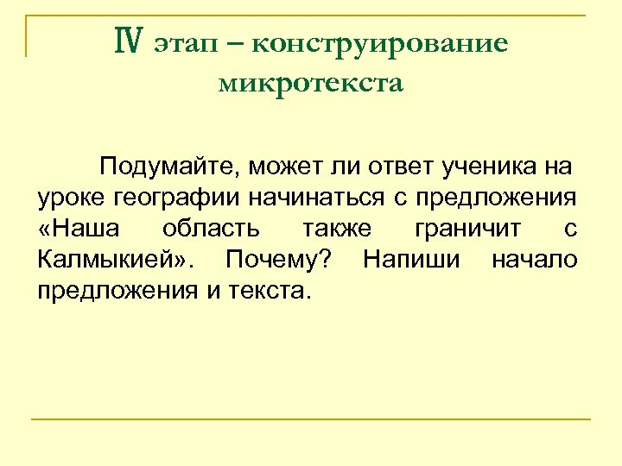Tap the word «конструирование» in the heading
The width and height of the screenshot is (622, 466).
tap(380, 44)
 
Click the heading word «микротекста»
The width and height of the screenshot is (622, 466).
tap(311, 84)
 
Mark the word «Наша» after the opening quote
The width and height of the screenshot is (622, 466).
tap(86, 229)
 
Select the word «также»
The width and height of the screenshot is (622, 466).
tap(337, 229)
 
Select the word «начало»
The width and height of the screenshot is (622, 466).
tap(535, 260)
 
